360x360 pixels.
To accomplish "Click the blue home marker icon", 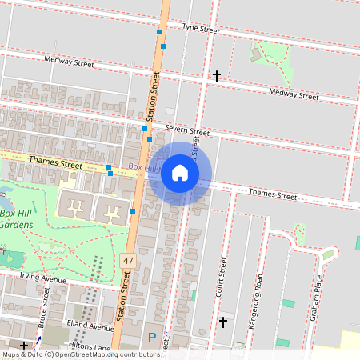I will coord(180,173).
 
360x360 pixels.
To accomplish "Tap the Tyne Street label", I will coord(200,29).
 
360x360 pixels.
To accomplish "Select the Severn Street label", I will coord(187,130).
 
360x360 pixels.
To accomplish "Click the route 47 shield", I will coord(128,261).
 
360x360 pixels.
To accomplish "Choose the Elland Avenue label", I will coord(90,327).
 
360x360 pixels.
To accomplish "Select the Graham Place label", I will coord(317,297).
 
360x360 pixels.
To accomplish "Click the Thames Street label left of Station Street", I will coord(55,162).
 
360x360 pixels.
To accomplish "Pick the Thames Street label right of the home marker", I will coord(272,194).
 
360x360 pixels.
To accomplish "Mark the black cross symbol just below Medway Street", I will coord(216,76).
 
